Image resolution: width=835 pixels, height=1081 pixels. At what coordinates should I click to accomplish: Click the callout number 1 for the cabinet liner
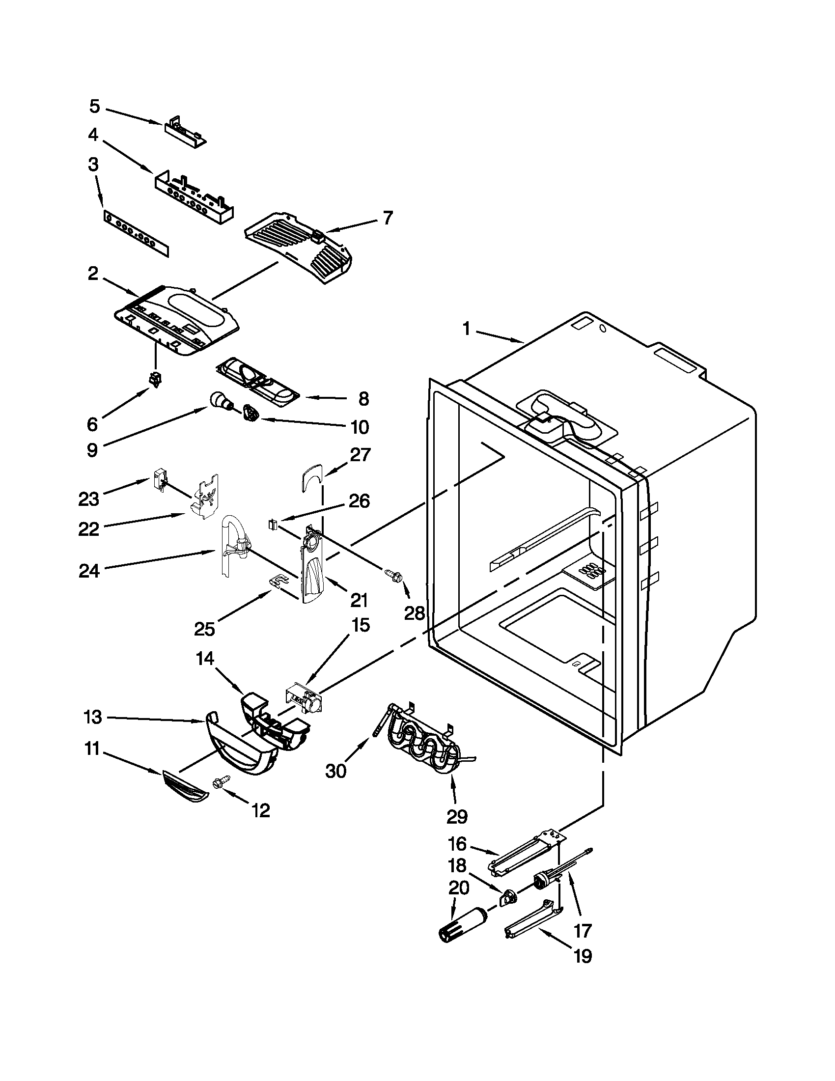(x=466, y=329)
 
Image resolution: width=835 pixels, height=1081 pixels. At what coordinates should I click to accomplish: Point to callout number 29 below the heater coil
(x=457, y=816)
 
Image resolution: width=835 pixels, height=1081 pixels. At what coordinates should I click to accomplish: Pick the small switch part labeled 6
(x=157, y=379)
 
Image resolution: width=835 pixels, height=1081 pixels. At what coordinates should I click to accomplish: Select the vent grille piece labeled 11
(x=185, y=786)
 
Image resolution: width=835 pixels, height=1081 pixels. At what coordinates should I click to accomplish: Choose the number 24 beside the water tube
(x=89, y=571)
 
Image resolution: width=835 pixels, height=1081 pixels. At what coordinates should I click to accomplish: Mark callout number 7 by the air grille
(x=388, y=218)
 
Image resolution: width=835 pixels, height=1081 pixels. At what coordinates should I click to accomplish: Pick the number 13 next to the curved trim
(x=92, y=717)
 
